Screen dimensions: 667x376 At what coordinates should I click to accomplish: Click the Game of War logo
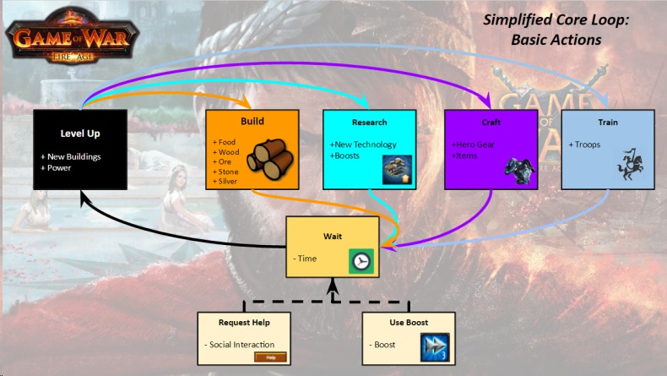72,35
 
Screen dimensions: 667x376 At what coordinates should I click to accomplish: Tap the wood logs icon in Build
270,159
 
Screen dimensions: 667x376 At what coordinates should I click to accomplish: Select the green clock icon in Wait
361,261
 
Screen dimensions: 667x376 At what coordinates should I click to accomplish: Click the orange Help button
270,357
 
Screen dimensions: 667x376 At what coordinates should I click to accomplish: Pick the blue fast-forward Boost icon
435,347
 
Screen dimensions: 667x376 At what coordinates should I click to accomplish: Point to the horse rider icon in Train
630,165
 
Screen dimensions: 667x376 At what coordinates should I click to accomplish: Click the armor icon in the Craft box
520,172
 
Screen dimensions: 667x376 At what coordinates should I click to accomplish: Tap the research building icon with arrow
397,170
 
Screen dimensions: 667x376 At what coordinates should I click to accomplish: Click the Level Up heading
80,134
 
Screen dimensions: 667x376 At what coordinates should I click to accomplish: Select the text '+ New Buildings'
71,156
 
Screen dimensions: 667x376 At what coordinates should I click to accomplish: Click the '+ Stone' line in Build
225,172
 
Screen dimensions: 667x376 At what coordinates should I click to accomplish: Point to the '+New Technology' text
363,144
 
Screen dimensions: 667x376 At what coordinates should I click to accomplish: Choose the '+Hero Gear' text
473,144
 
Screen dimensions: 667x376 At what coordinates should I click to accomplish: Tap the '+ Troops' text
584,144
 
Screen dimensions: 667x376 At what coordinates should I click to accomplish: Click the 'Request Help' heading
244,323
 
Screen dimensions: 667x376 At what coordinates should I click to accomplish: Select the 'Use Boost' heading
409,323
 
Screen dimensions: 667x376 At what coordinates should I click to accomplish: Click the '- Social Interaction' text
240,345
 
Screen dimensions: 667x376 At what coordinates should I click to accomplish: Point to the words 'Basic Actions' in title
556,40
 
